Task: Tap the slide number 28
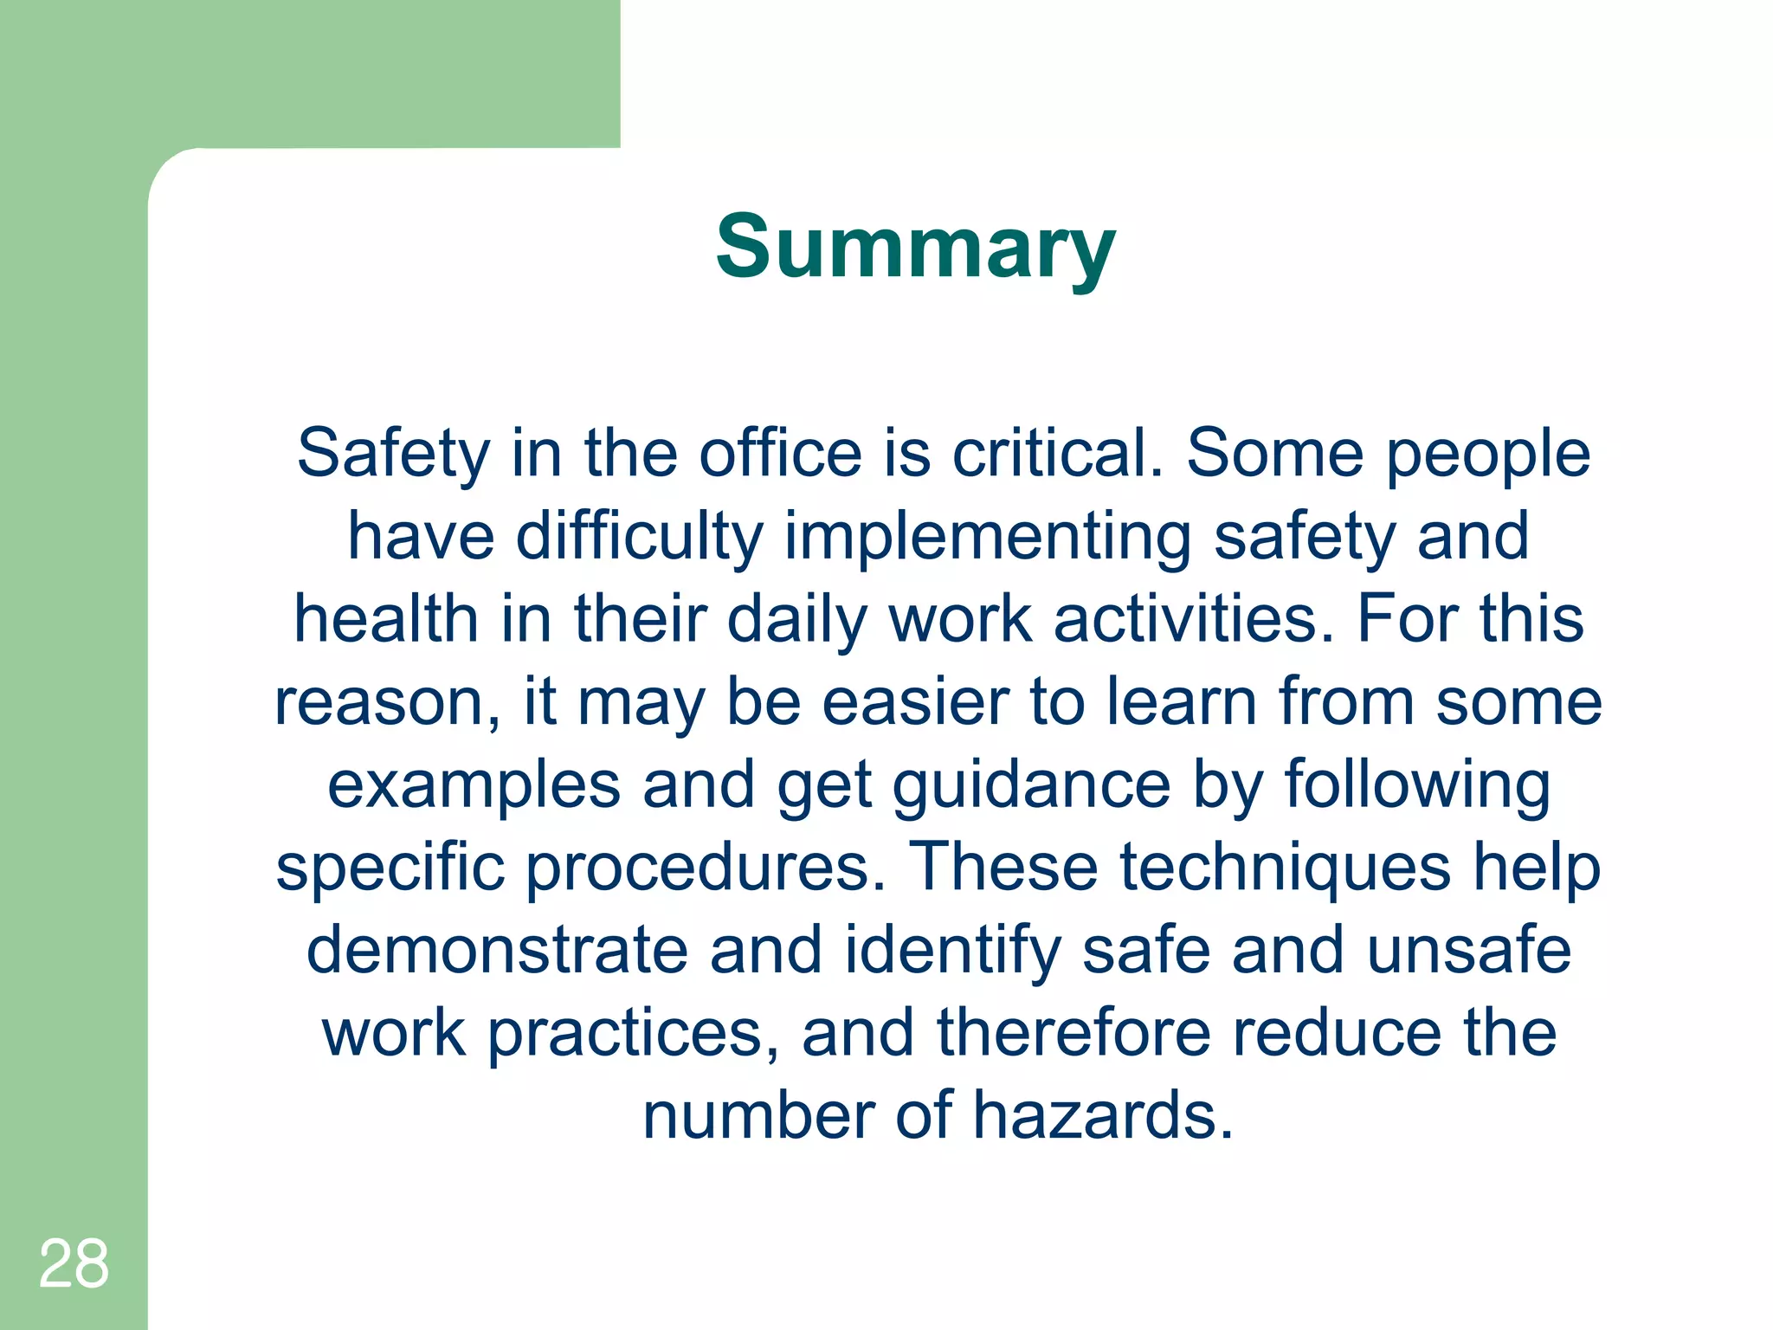(74, 1263)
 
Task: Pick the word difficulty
(640, 537)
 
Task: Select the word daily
(797, 620)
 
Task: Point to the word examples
(474, 786)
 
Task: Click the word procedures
(706, 868)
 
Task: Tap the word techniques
(1286, 868)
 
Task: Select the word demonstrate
(498, 950)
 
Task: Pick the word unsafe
(1469, 950)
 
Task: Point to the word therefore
(1073, 1032)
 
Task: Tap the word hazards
(1103, 1115)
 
